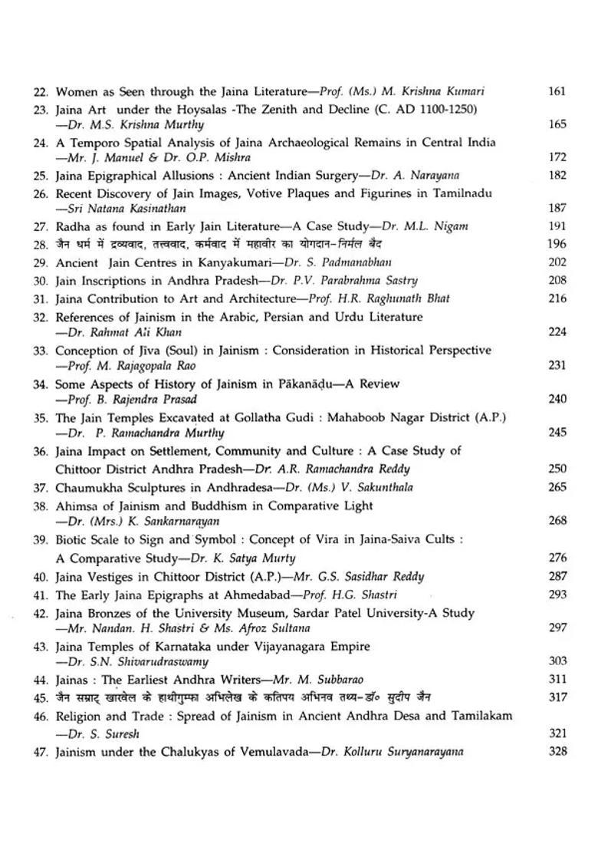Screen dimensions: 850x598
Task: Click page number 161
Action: click(x=557, y=91)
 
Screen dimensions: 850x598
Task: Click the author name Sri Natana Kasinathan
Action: click(x=125, y=208)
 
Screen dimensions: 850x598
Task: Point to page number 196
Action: click(x=557, y=244)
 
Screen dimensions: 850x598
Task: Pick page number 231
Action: click(x=557, y=365)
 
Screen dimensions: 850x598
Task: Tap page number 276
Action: click(x=557, y=558)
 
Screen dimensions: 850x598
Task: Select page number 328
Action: click(x=557, y=751)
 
